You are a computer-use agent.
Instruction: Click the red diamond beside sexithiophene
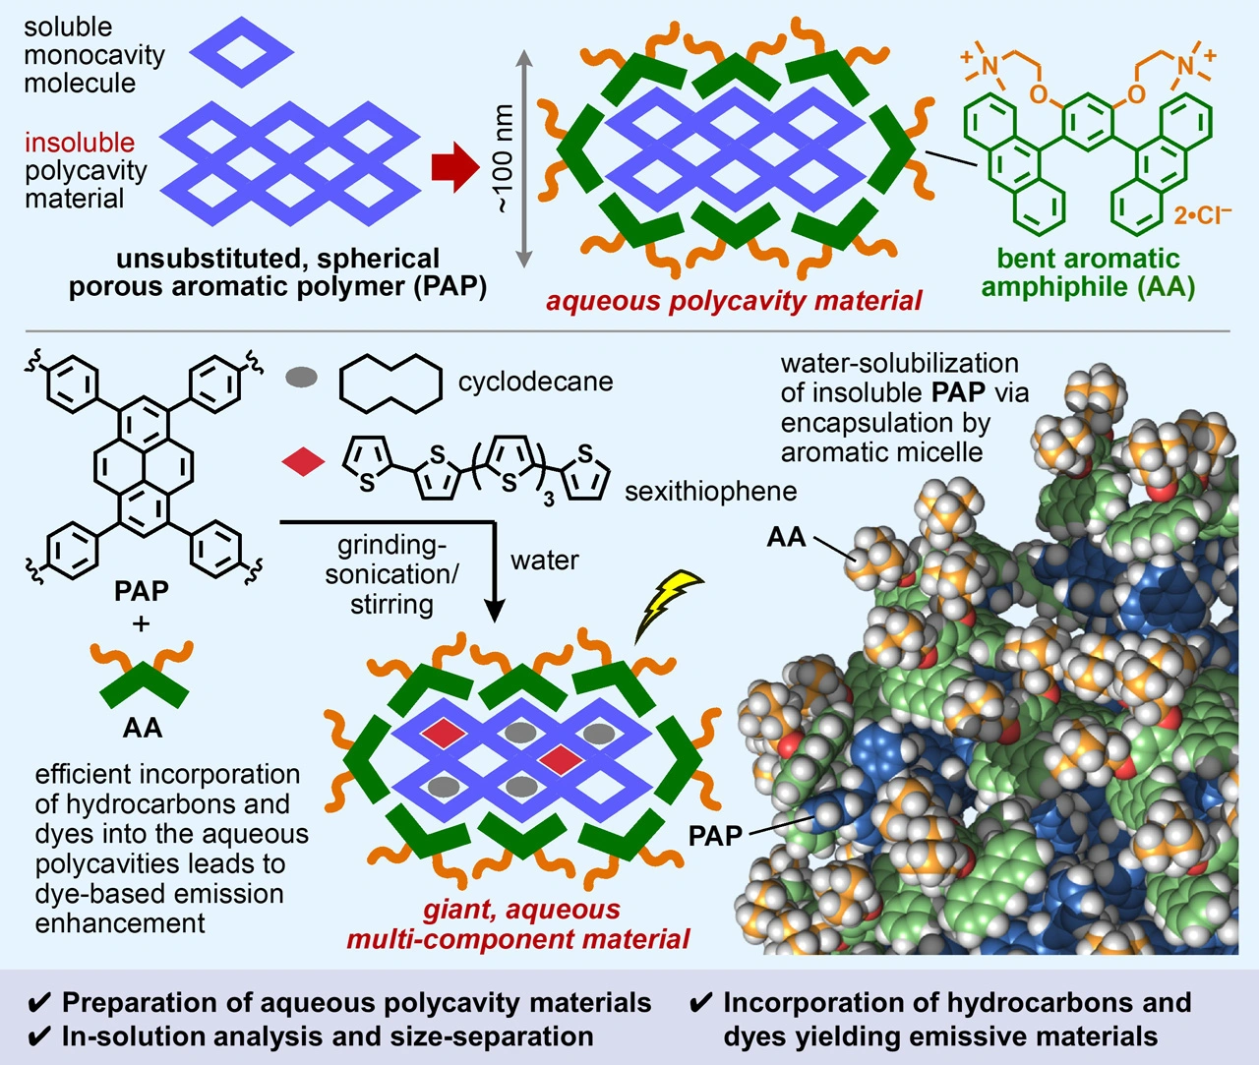(303, 460)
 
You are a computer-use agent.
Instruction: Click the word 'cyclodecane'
(535, 382)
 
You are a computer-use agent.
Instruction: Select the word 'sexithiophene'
(710, 490)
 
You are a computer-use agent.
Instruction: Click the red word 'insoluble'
(80, 143)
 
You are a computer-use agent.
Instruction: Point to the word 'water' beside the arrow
(544, 561)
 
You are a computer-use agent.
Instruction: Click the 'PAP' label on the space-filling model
(715, 836)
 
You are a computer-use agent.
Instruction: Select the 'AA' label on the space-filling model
(786, 537)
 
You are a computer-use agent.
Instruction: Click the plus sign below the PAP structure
(142, 622)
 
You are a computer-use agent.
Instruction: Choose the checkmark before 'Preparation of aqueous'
(40, 1003)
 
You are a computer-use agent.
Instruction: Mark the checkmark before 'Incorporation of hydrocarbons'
(700, 1003)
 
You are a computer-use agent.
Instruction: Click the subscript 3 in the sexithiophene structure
(549, 499)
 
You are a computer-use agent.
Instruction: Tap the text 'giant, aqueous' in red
(521, 910)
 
